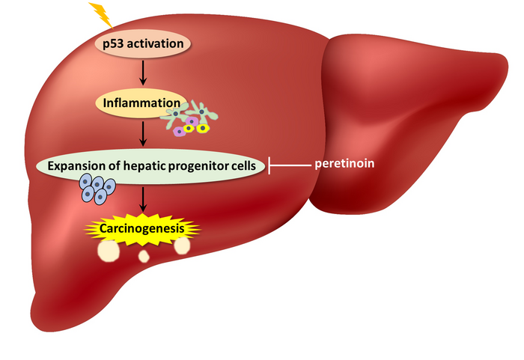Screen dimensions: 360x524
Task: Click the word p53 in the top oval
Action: tap(115, 43)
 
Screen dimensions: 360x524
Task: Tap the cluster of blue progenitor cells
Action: tap(97, 189)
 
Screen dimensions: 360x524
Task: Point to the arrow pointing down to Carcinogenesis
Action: tap(142, 201)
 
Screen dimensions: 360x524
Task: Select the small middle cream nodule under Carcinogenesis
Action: tap(144, 257)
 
